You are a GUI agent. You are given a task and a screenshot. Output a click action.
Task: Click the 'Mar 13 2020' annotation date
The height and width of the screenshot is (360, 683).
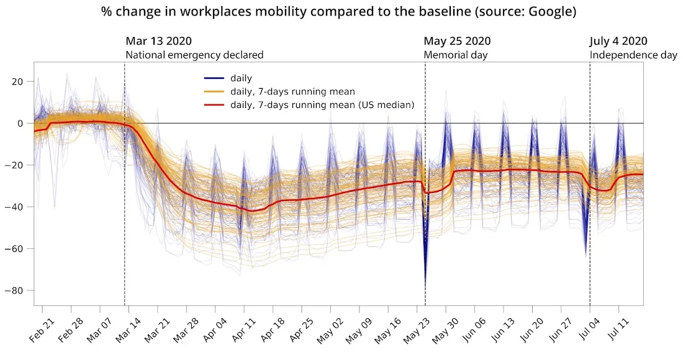158,42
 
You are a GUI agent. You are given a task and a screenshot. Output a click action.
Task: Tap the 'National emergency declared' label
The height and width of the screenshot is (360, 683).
194,55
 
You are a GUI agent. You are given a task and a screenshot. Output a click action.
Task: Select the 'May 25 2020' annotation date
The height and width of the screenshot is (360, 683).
457,42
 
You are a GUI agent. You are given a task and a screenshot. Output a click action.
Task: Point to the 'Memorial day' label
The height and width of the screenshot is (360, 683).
455,55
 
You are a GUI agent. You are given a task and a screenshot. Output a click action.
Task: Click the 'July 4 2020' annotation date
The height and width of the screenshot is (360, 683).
618,42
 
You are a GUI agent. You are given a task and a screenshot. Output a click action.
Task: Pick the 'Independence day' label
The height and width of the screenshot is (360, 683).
633,55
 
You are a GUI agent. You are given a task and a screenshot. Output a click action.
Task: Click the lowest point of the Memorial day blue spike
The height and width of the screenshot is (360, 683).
425,286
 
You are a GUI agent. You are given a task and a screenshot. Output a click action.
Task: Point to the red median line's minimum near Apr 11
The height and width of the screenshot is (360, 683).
251,211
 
